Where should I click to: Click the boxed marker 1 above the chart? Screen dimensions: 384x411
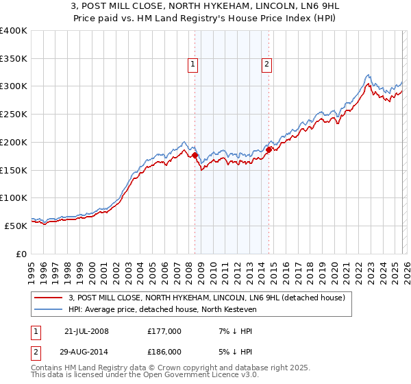tap(194, 65)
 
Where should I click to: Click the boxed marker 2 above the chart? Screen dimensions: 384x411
tap(266, 65)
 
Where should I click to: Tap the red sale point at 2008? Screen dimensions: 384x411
tap(195, 156)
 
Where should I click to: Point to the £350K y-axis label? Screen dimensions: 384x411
tap(14, 59)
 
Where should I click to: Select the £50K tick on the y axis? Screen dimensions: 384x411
tap(16, 226)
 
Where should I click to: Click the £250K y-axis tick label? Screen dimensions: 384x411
tap(14, 115)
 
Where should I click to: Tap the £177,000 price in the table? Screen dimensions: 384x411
tap(164, 331)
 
